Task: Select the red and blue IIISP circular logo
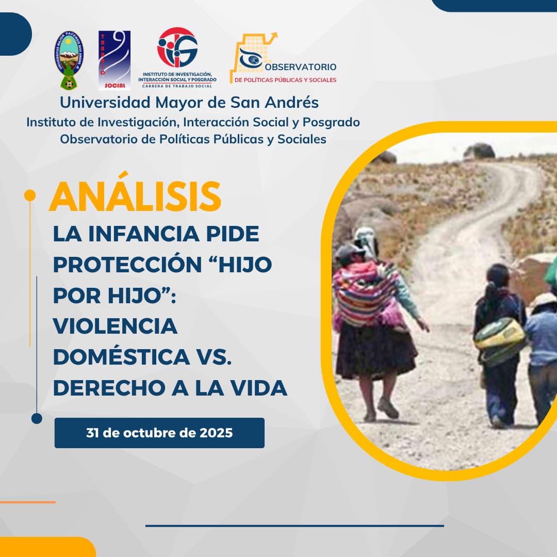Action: click(x=177, y=47)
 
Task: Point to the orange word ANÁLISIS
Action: click(x=135, y=196)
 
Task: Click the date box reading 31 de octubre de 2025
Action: click(x=159, y=433)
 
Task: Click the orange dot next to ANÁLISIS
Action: click(x=30, y=195)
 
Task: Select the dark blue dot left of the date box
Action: click(x=37, y=418)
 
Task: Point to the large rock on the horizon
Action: click(x=479, y=151)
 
